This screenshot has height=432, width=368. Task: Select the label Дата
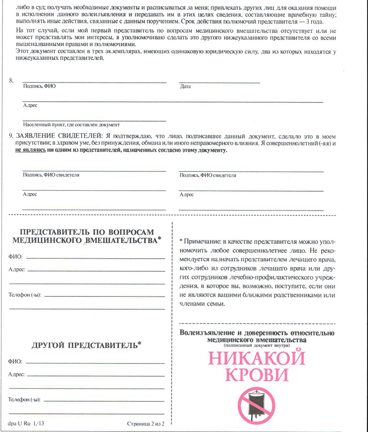[x=185, y=86]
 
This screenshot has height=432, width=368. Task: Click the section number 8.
[x=11, y=80]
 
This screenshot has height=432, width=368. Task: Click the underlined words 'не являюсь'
[x=29, y=150]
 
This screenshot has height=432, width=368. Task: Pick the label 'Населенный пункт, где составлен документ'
[x=71, y=124]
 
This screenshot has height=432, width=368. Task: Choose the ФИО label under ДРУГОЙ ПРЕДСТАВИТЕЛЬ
[x=15, y=362]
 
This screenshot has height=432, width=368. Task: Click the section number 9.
[x=11, y=136]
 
